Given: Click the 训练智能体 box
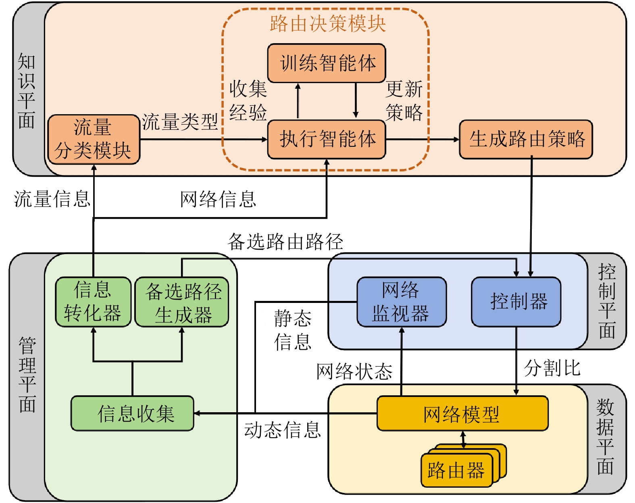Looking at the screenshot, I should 327,63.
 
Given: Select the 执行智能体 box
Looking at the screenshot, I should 327,139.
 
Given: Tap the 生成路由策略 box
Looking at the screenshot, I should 526,139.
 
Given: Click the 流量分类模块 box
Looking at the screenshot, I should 94,139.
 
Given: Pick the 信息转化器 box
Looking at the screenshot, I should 93,302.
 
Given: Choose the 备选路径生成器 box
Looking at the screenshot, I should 182,302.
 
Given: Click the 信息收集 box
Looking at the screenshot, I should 132,413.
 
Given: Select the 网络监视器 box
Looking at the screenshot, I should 402,302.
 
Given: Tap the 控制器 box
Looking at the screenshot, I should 516,302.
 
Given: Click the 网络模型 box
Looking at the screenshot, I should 462,413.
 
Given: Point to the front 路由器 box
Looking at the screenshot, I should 456,470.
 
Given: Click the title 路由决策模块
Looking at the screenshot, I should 327,23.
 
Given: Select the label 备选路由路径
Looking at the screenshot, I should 285,242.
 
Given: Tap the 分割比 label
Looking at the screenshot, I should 552,368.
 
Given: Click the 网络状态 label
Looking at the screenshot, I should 354,371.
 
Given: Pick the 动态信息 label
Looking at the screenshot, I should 282,430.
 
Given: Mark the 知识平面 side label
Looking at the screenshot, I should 27,91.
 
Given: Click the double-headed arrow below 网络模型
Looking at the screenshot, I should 463,440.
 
